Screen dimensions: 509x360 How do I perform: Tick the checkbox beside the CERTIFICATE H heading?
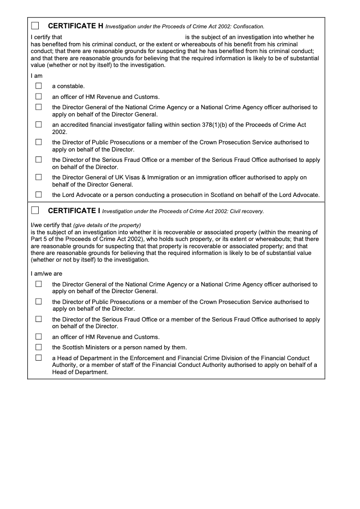(35, 26)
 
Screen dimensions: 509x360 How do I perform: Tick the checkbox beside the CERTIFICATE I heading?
(35, 210)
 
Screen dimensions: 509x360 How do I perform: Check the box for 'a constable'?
(39, 85)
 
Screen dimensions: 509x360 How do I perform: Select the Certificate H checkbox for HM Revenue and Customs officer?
(39, 96)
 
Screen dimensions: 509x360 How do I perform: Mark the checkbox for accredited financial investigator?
(39, 124)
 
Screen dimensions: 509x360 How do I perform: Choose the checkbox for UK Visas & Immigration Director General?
(39, 177)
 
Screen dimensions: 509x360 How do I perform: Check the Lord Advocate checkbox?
(39, 195)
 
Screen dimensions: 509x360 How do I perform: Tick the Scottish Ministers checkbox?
(39, 347)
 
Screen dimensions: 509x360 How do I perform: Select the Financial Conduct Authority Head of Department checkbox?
(39, 358)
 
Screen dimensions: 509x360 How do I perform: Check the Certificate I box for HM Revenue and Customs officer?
(39, 336)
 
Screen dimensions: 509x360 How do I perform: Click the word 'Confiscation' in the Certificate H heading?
(248, 27)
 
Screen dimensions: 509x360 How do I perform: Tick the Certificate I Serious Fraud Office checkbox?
(39, 319)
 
